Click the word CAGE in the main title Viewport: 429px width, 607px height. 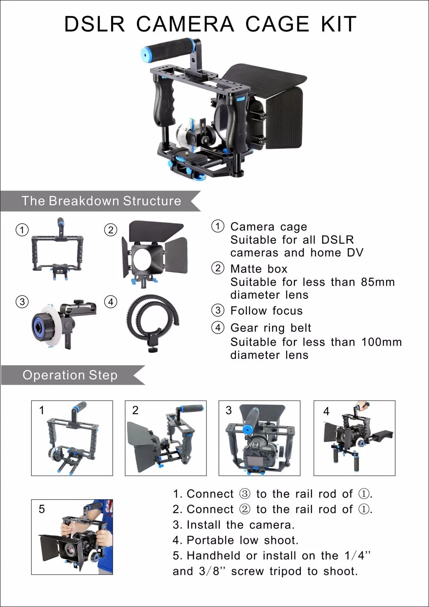pos(277,24)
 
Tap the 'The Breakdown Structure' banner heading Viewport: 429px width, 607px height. pos(101,201)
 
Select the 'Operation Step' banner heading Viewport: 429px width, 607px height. pos(70,375)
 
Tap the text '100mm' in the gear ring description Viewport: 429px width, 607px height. pos(381,342)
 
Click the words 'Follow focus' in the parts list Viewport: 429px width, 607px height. pos(266,311)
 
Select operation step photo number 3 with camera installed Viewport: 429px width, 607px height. pos(260,438)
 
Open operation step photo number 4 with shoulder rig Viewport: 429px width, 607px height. pos(354,438)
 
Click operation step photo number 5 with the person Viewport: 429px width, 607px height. pos(72,537)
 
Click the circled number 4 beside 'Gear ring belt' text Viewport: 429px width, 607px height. pos(218,328)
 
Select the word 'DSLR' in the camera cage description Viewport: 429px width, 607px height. pos(338,240)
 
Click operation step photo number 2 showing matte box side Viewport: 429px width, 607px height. pos(166,438)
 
